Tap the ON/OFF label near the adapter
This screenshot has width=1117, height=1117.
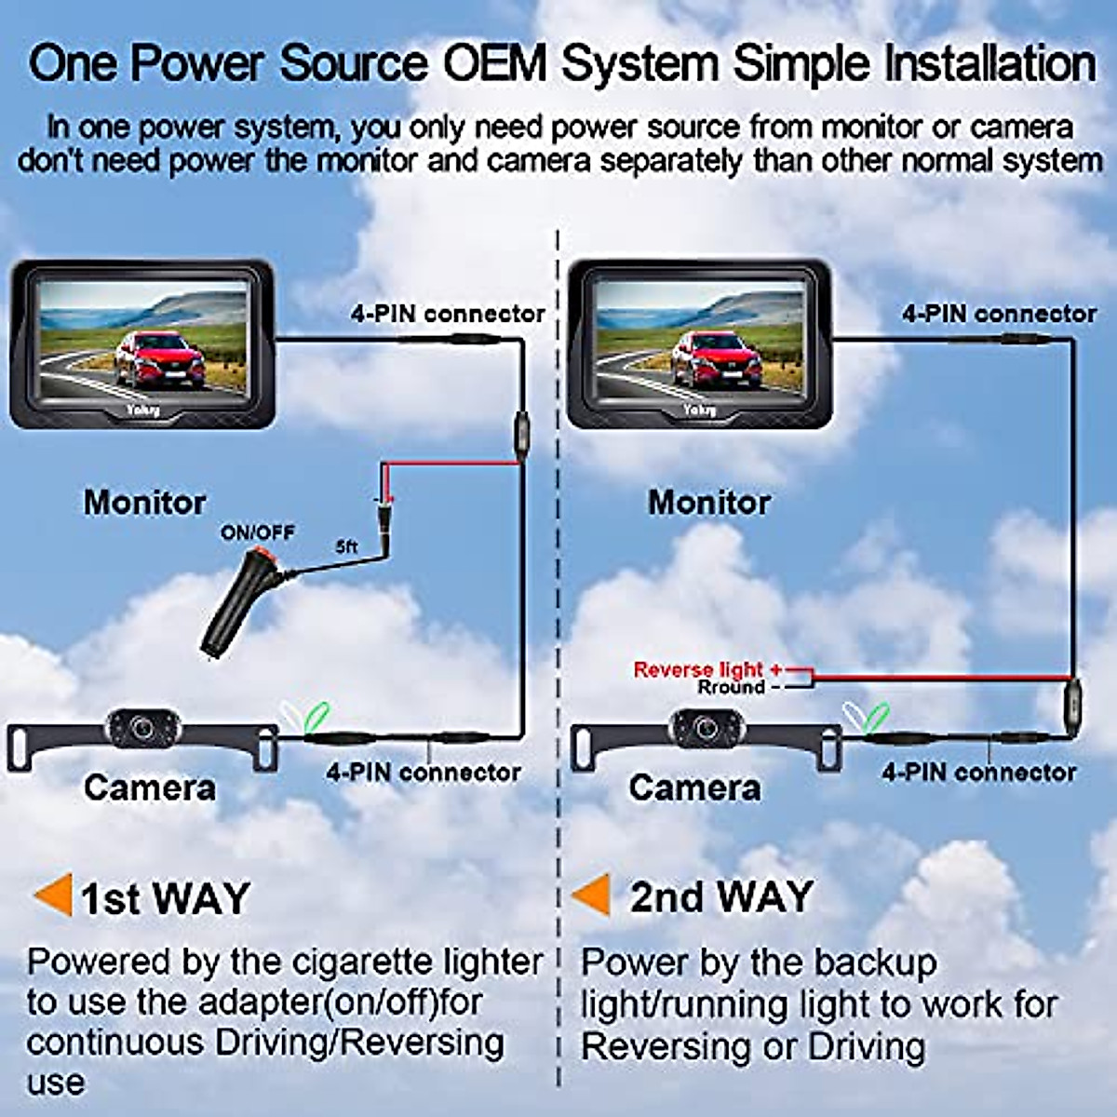point(257,532)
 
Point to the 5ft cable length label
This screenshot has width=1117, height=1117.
point(346,547)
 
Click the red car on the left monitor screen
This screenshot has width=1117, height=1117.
point(159,359)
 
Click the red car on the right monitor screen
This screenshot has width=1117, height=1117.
point(716,359)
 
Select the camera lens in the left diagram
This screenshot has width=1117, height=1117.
point(142,727)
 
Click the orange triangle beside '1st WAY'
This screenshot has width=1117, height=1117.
point(53,895)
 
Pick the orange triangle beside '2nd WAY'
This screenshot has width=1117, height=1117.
point(592,895)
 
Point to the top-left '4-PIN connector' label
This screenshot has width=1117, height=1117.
point(447,314)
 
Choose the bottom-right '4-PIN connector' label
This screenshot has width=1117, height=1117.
point(978,772)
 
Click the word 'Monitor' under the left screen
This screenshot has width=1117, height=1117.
point(144,503)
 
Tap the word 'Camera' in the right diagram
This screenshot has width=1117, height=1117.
point(694,788)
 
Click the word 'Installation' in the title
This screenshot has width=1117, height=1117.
point(989,64)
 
